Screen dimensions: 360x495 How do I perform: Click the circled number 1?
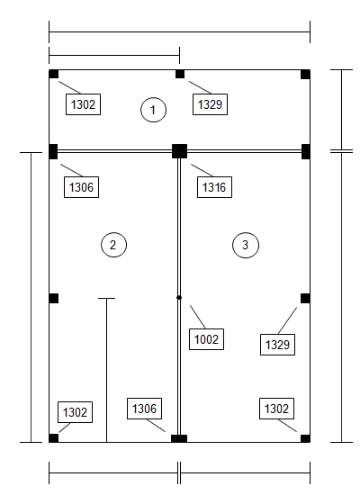[153, 110]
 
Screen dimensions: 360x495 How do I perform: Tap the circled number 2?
[113, 245]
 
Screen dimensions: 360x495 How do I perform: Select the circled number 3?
[246, 245]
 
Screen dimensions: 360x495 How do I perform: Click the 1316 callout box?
[214, 187]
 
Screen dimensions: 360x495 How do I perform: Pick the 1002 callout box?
[206, 339]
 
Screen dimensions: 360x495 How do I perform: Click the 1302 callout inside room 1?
[83, 104]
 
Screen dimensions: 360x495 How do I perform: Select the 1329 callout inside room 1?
[210, 104]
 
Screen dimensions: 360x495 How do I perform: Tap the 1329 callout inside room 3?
[277, 345]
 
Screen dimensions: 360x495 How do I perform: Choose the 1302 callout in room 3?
[276, 409]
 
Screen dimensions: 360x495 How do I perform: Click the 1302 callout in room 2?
[76, 412]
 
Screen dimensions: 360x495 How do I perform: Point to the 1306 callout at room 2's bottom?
[144, 409]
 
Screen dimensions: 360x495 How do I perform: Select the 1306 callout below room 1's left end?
[82, 187]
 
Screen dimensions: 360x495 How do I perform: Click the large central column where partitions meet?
[179, 151]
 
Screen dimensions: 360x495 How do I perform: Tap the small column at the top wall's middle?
[180, 74]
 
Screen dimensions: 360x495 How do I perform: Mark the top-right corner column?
[305, 74]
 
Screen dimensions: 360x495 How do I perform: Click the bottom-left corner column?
[54, 438]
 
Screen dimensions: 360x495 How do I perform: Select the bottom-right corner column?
[305, 438]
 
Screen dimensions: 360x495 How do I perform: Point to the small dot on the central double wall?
[179, 297]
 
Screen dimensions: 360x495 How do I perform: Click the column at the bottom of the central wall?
[179, 438]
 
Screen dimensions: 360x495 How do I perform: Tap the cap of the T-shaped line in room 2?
[107, 298]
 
